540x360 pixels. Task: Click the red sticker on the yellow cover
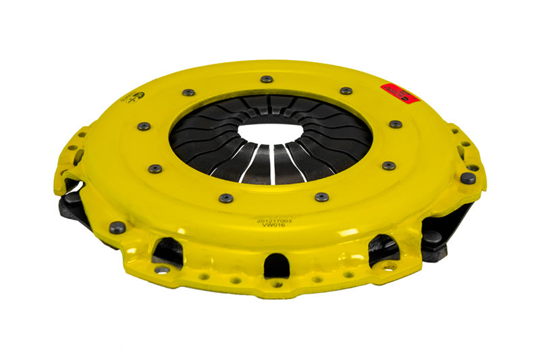coord(400,93)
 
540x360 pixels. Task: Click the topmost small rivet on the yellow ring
coord(267,79)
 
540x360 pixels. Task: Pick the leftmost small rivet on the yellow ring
coord(144,126)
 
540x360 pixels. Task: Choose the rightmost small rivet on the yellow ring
coord(396,124)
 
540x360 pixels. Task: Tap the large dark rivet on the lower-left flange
coord(117,228)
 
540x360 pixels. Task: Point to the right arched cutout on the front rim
coord(383,247)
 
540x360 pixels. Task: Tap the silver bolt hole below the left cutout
coord(161,269)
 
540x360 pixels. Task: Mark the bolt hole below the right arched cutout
coord(389,267)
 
